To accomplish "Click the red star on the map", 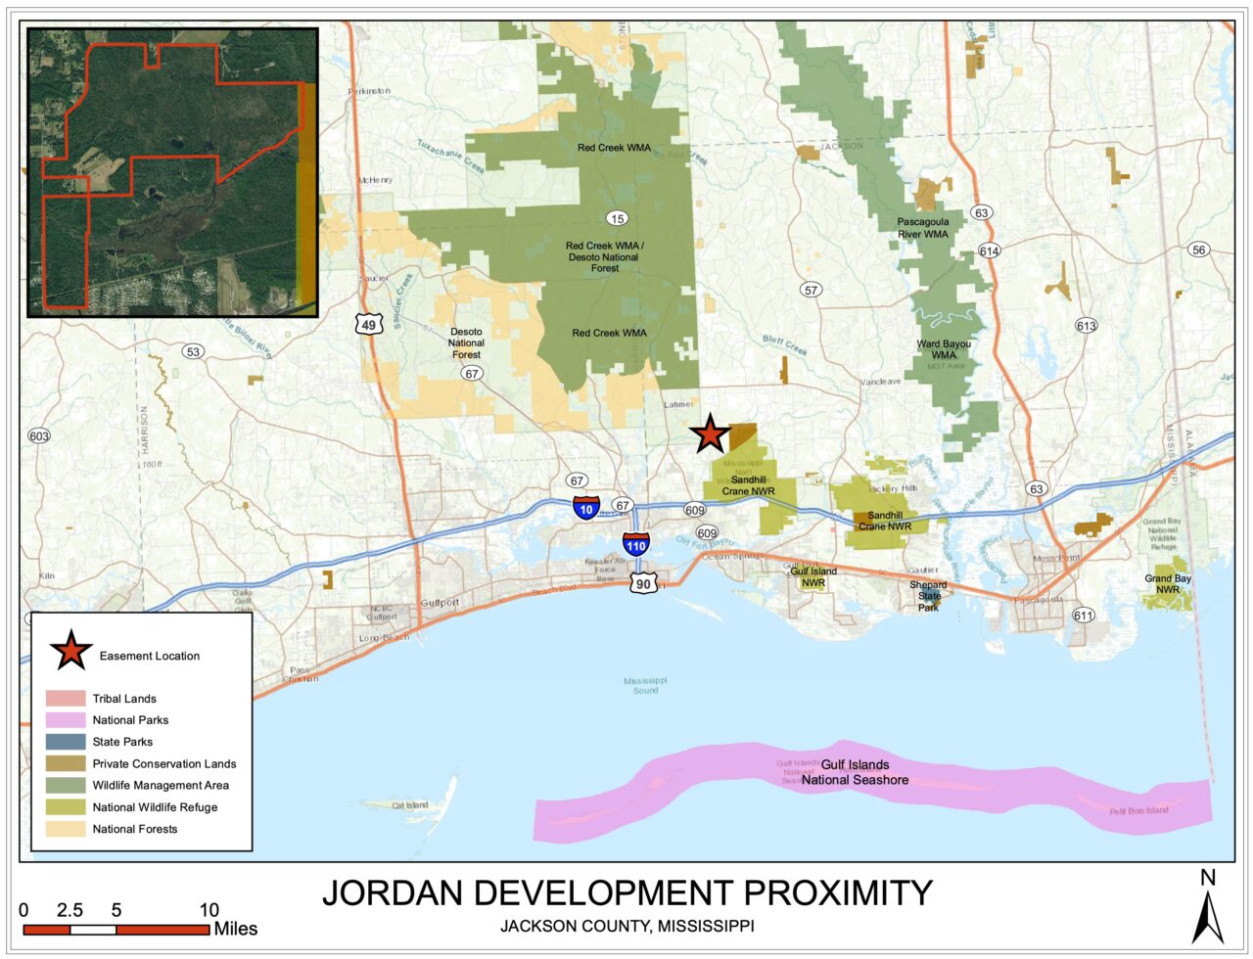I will pos(710,434).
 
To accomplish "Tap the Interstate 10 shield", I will pos(586,508).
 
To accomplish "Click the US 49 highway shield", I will pos(368,323).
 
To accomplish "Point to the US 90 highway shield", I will pos(643,583).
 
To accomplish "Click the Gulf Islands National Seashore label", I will pos(855,772).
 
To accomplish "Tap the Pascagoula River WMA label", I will pos(922,228).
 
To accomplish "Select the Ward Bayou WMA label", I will pos(944,349).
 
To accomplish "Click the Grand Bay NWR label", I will pos(1168,584).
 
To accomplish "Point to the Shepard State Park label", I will pos(928,596).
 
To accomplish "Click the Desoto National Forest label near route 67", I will pos(466,342).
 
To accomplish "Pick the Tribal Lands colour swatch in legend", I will pos(66,699).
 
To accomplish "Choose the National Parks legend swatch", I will pos(66,720).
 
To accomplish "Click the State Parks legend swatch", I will pos(66,742).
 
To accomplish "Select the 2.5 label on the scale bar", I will pos(70,910).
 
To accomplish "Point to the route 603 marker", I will pos(39,435).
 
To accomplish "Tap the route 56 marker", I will pos(1198,250).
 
